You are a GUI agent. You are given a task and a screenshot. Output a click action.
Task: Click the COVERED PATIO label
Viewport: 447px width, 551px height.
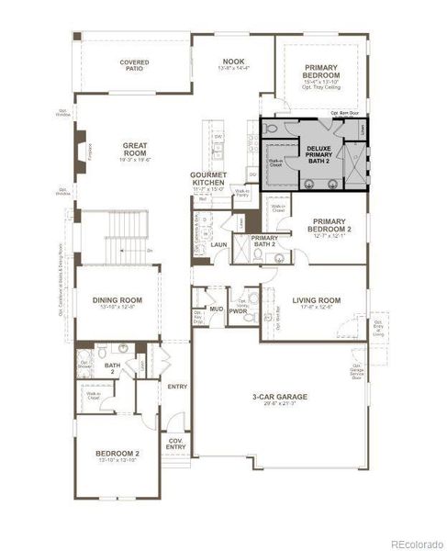[x=134, y=66]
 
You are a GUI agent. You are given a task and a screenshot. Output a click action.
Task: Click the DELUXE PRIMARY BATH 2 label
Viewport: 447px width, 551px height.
[x=318, y=154]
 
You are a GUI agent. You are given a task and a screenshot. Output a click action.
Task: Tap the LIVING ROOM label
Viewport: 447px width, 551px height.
[x=317, y=300]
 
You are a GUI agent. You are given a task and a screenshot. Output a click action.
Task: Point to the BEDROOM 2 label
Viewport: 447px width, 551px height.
[x=117, y=454]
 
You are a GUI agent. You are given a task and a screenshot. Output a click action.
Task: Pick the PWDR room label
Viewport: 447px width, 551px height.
[x=239, y=310]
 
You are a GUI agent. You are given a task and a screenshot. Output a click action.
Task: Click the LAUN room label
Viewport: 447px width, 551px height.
[x=218, y=245]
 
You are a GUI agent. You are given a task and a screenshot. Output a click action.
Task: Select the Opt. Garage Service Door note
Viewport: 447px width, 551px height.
[x=356, y=370]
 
